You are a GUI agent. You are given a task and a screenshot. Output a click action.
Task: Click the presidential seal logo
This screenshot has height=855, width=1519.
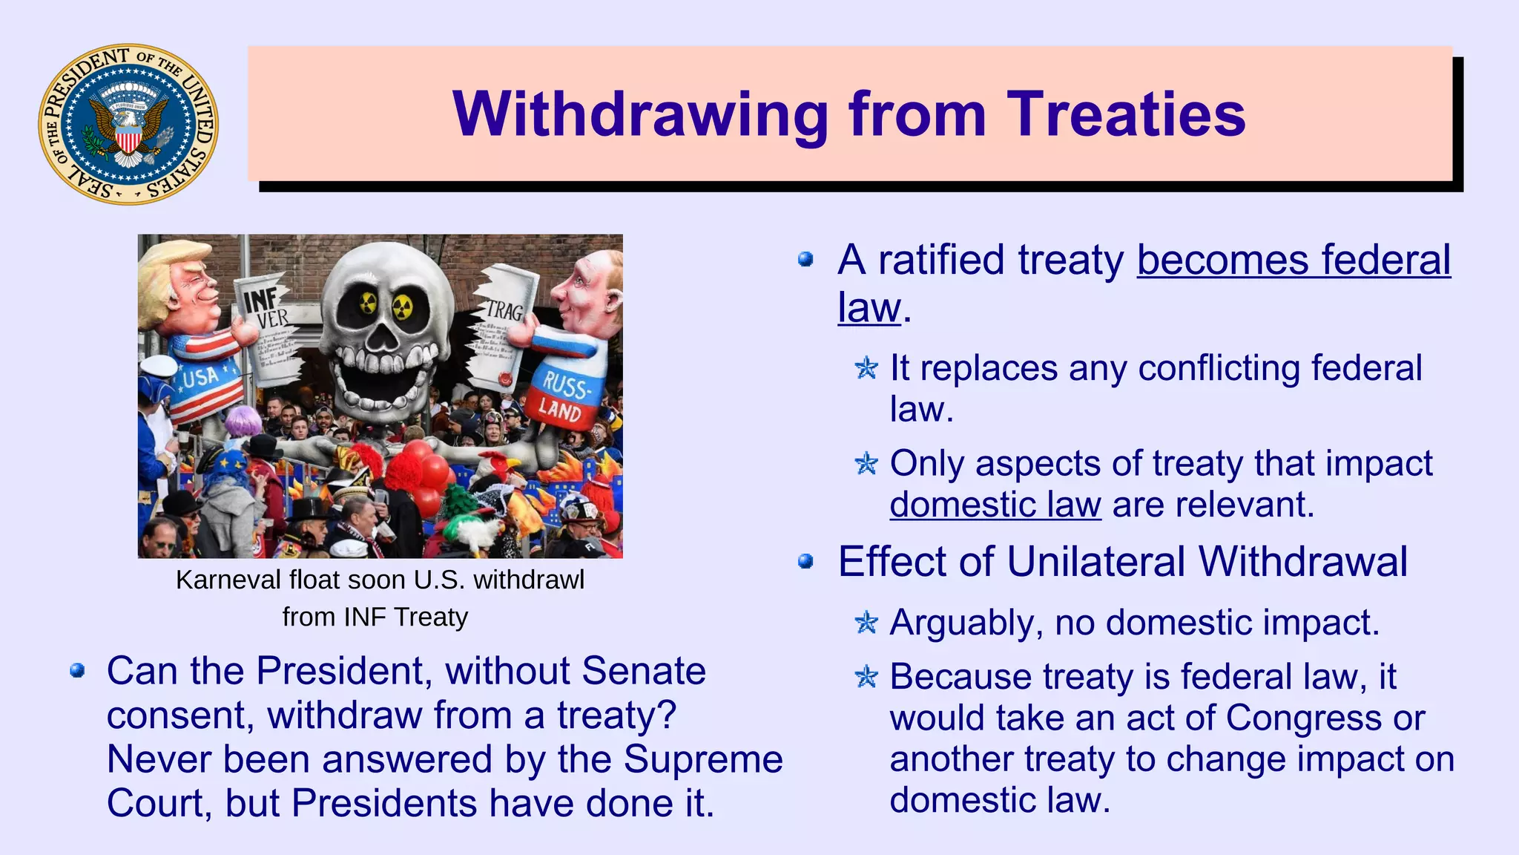128,124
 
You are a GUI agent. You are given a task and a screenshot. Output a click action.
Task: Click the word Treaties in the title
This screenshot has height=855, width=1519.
1125,115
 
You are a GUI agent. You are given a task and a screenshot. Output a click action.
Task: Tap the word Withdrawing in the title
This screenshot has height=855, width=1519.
639,115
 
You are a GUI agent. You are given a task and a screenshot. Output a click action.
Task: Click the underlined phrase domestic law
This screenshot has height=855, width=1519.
995,505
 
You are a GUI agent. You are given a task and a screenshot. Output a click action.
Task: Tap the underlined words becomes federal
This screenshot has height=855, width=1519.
1293,261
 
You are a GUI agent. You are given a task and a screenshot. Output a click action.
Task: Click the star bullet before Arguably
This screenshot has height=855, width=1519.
866,622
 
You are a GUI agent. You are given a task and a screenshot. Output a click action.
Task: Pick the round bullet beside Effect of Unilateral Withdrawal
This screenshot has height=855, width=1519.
805,562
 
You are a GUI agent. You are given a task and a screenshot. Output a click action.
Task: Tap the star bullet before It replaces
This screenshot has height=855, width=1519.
866,367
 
